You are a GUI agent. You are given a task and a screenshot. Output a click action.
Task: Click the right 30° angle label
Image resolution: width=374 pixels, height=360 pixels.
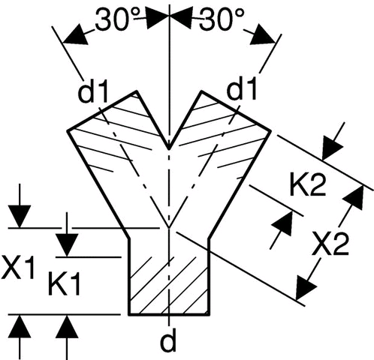[222, 19]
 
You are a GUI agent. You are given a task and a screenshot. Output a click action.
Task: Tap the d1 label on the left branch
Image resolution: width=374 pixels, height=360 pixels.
[93, 93]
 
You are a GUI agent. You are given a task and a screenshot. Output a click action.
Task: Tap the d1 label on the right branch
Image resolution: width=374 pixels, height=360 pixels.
[242, 90]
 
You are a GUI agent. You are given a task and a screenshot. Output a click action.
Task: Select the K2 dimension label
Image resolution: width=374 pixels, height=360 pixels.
[308, 186]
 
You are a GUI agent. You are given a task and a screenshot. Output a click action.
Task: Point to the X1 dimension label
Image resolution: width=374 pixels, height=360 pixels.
[17, 268]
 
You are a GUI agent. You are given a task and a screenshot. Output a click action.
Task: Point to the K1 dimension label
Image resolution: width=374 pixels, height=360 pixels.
[65, 285]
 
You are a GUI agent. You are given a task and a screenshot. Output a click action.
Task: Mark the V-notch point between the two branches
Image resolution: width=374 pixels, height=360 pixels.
[169, 149]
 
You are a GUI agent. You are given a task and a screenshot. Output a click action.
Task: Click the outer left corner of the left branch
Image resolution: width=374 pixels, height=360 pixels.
[68, 130]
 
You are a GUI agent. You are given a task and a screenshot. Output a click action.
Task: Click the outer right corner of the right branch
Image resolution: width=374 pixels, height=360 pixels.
[271, 130]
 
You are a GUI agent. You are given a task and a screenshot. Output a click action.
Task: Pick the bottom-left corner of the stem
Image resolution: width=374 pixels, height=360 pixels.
[129, 315]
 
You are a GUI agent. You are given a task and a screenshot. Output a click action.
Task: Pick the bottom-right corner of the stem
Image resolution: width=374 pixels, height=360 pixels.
[209, 315]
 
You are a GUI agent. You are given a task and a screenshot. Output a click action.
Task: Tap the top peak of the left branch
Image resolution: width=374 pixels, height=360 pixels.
[137, 91]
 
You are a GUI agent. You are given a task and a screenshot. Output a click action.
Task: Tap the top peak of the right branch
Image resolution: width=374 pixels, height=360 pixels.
[202, 91]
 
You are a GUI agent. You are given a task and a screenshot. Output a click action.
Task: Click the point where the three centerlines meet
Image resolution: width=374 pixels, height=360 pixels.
[169, 228]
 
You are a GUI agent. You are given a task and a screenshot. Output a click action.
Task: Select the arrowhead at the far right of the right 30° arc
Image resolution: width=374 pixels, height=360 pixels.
[264, 34]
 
